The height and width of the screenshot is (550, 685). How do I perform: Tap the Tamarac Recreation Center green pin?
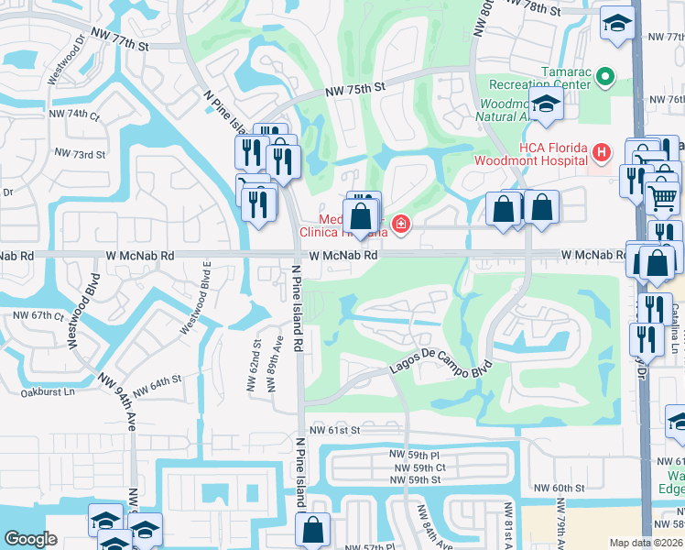tap(604, 78)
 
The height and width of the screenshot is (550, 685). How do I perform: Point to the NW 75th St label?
tap(357, 90)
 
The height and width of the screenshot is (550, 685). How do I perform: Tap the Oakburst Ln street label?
tap(46, 392)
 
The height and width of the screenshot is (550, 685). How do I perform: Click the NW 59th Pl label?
tap(417, 456)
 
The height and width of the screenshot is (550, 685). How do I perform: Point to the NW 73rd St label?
tap(80, 153)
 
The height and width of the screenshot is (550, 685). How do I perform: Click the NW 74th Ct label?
tap(74, 115)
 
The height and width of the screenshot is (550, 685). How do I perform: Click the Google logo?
tap(30, 539)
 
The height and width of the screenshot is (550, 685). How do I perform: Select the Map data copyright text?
tap(646, 543)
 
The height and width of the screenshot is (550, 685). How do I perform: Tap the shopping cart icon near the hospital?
tap(661, 196)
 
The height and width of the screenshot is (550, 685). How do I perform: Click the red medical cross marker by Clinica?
tap(399, 223)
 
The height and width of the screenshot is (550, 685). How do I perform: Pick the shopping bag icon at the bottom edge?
tap(313, 529)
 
